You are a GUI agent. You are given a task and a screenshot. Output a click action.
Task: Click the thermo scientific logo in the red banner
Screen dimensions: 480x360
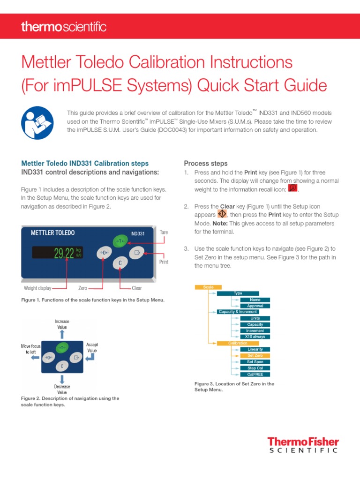[x=63, y=27]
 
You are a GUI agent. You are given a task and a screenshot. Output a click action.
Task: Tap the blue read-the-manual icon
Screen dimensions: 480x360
[x=37, y=123]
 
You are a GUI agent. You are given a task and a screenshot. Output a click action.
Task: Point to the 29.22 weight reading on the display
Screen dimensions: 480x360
[x=63, y=254]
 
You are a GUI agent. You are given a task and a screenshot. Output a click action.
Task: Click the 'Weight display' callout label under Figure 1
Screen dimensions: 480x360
[x=37, y=288]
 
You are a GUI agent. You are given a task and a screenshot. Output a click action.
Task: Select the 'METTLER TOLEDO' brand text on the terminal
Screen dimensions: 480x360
[x=52, y=232]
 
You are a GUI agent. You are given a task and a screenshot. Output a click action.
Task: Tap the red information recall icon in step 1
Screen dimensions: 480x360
[x=293, y=188]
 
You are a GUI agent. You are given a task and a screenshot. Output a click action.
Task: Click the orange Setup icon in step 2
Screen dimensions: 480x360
[x=223, y=214]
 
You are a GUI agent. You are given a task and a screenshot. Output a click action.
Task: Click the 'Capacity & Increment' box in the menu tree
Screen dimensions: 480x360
[x=238, y=312]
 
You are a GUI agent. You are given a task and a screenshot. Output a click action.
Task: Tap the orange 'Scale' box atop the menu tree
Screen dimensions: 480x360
[x=208, y=287]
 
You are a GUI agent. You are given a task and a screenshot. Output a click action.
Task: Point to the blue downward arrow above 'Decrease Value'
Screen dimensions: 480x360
[x=62, y=378]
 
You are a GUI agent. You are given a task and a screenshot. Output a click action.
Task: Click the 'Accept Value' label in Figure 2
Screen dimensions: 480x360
[x=92, y=347]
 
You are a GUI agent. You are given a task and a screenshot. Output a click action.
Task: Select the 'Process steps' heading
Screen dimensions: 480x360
[x=206, y=164]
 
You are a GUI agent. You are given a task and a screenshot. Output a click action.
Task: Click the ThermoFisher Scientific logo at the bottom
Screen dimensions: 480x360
[x=302, y=445]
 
